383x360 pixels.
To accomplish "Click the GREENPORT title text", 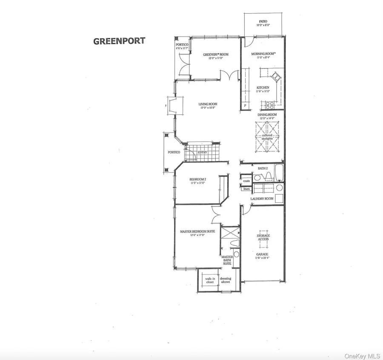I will [119, 41].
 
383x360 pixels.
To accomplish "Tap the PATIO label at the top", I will [263, 21].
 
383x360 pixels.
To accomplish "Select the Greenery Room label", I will [215, 54].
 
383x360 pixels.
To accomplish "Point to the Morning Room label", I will [263, 54].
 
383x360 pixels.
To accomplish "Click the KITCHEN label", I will [263, 88].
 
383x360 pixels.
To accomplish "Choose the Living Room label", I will [208, 104].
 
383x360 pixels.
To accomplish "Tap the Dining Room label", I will [267, 115].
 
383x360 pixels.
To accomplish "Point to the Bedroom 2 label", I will [198, 179].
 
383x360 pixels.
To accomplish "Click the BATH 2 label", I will [263, 168].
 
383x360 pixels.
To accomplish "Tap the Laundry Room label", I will [262, 198].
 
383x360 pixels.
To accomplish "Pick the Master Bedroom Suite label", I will [197, 232].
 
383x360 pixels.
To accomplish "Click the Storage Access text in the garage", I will [263, 237].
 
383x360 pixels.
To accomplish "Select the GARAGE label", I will [262, 254].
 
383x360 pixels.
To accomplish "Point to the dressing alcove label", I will [226, 281].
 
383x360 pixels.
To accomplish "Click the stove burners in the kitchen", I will [270, 105].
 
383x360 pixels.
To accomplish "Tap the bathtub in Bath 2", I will [279, 173].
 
